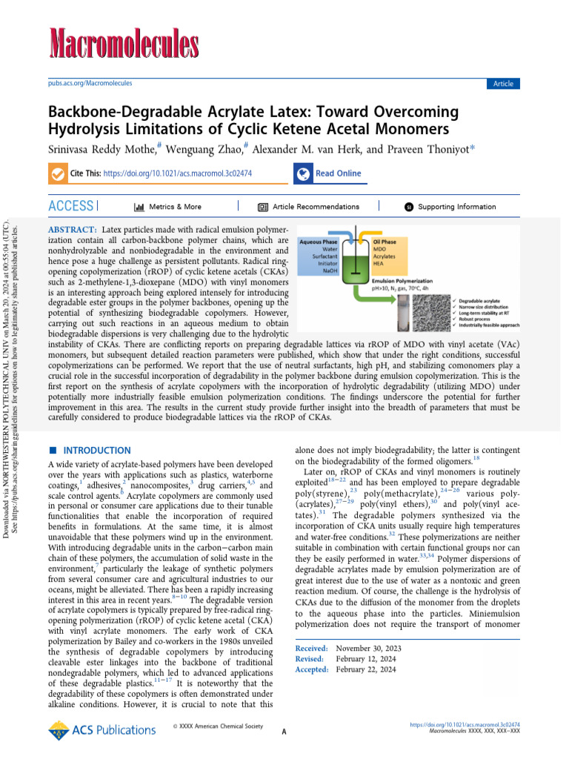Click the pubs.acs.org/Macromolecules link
[x=90, y=84]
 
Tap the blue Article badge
[x=503, y=84]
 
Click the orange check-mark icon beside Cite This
[x=57, y=173]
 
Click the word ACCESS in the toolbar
[x=71, y=206]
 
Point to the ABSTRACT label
[x=72, y=231]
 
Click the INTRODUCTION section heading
[x=96, y=451]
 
